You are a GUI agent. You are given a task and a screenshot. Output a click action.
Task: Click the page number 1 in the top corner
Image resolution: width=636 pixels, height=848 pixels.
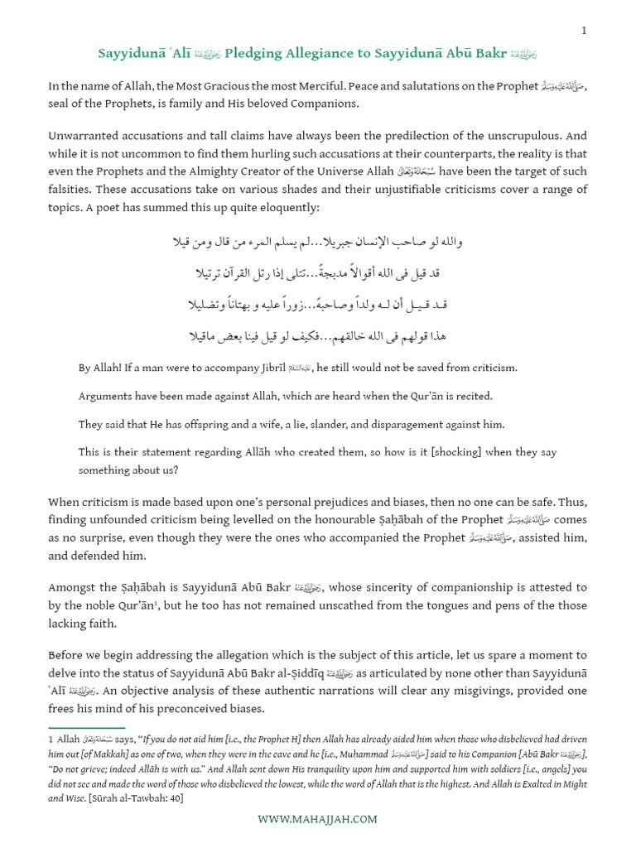pyautogui.click(x=584, y=31)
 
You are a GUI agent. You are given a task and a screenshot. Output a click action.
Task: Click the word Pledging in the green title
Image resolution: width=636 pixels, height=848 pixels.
pyautogui.click(x=253, y=55)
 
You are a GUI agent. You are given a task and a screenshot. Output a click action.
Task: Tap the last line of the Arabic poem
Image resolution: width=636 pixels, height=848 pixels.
pyautogui.click(x=316, y=336)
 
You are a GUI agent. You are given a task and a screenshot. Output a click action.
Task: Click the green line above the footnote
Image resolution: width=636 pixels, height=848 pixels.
pyautogui.click(x=75, y=727)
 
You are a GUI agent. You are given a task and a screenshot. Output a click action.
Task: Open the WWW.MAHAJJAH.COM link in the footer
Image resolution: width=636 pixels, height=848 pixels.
pyautogui.click(x=317, y=819)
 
